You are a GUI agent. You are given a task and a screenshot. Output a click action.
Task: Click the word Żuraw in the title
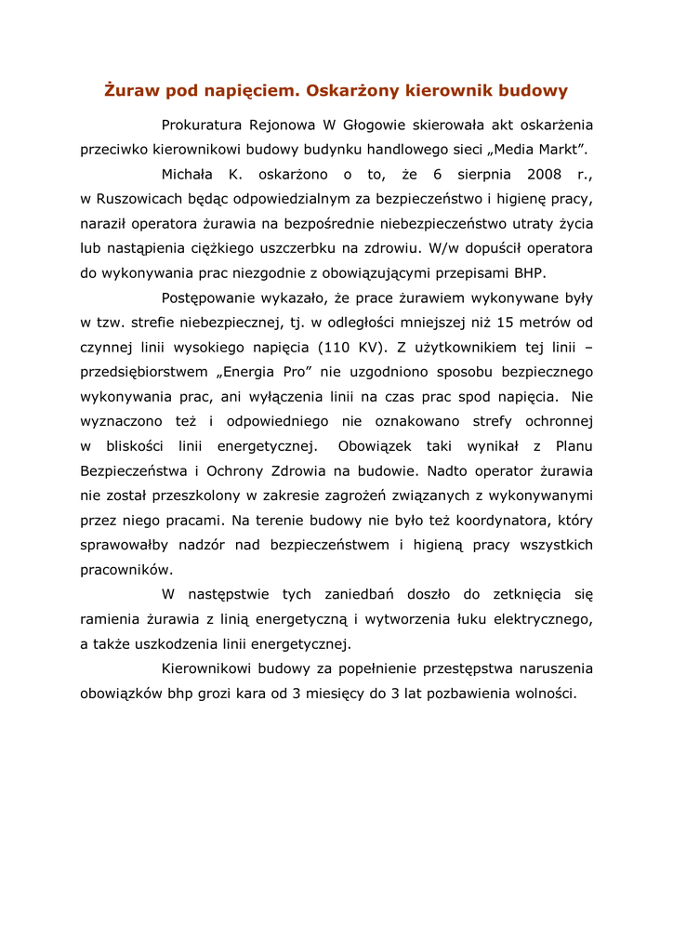(132, 91)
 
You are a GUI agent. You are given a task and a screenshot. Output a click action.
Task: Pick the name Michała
(188, 174)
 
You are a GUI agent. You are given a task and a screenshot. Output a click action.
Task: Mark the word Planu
(574, 445)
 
